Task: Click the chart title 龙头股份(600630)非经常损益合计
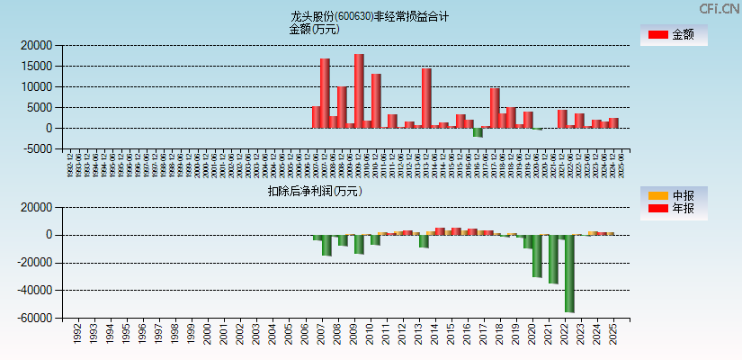click(x=370, y=16)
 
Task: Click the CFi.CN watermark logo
click(x=719, y=9)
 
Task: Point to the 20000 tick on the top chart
click(x=37, y=45)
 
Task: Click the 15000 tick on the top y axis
click(x=37, y=66)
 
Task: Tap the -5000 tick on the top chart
click(x=37, y=149)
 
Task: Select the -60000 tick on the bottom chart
click(x=33, y=319)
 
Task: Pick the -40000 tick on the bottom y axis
click(x=33, y=291)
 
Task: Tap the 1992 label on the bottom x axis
click(x=78, y=335)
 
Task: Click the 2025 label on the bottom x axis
click(x=612, y=335)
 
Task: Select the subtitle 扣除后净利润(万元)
click(x=315, y=191)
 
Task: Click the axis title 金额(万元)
click(x=314, y=29)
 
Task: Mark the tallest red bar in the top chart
click(x=359, y=90)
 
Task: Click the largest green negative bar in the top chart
click(x=478, y=132)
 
